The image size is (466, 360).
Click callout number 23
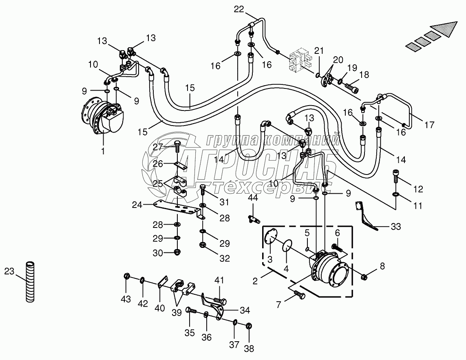point(9,271)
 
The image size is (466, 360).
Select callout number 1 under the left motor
point(103,151)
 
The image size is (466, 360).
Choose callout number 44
point(253,198)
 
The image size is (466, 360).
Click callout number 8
point(382,267)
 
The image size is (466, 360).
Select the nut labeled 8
point(363,277)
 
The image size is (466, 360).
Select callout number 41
point(220,280)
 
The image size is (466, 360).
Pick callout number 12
point(417,189)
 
